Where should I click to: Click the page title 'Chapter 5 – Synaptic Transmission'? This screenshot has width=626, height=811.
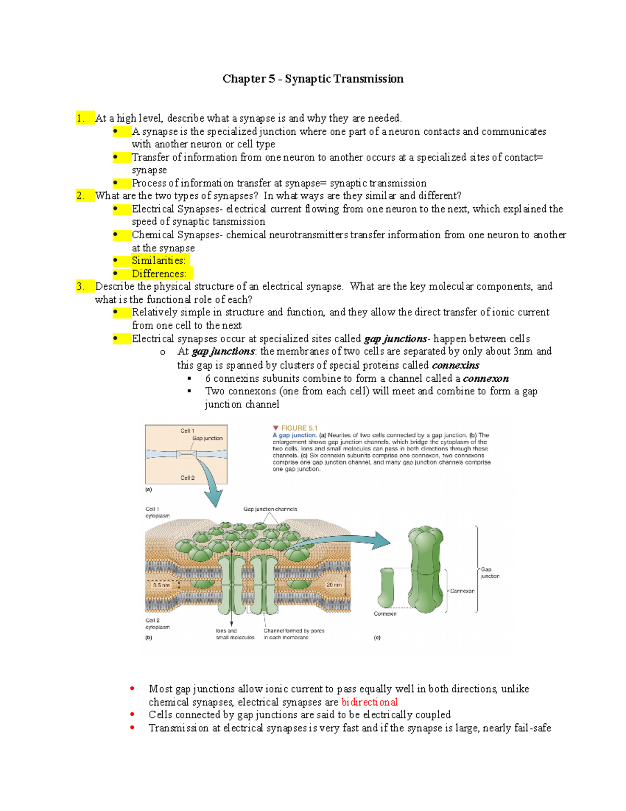(312, 79)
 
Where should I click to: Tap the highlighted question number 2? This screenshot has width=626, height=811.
(80, 196)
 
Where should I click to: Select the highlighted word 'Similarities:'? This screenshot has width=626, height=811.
(158, 261)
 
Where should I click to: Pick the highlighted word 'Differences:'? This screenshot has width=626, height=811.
(159, 274)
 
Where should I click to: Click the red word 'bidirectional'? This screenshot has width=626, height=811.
(369, 702)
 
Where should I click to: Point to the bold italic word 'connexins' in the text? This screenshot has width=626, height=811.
(455, 365)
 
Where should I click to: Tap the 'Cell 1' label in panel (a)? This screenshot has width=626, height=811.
(187, 431)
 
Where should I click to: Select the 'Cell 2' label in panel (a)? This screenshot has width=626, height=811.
(187, 478)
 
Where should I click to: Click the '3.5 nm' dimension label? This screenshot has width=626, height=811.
(161, 585)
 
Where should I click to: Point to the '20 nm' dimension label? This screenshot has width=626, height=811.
(334, 585)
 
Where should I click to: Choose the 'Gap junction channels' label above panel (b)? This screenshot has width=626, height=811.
(270, 509)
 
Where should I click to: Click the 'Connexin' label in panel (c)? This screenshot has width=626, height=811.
(385, 614)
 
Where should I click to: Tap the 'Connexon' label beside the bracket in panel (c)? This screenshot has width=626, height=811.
(462, 591)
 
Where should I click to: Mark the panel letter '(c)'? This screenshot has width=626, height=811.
(377, 638)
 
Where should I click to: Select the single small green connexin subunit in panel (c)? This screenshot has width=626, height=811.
(387, 587)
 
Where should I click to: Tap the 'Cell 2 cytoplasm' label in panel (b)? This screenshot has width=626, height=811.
(157, 624)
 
